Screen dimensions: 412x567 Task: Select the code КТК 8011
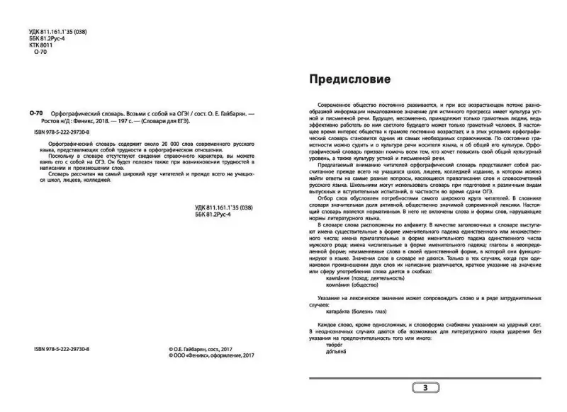coord(40,43)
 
